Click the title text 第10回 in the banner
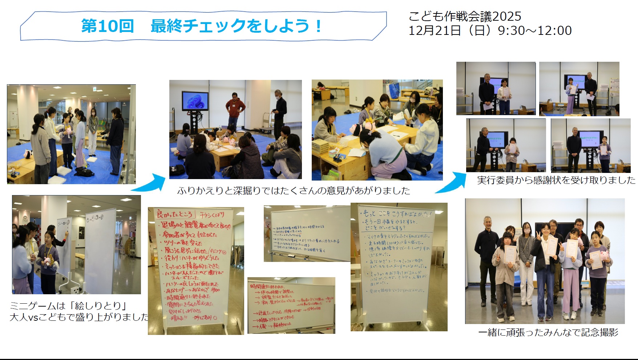107,26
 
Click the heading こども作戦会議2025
465,16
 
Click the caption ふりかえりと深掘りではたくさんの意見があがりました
294,191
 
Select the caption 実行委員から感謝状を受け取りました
556,180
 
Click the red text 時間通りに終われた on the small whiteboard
267,287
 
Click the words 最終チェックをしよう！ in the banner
236,26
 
